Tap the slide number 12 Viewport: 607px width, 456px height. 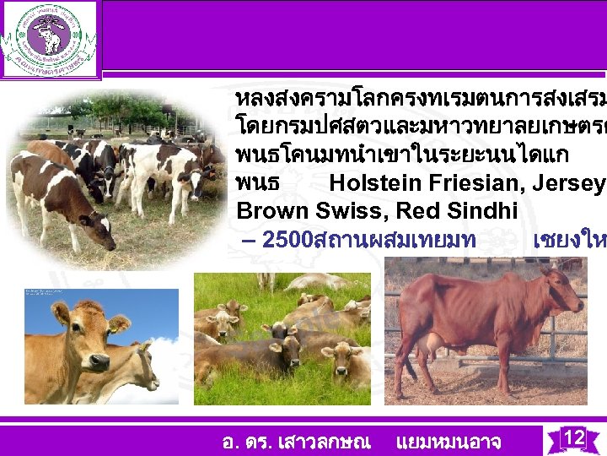point(573,437)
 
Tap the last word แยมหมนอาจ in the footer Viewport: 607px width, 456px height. point(448,442)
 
